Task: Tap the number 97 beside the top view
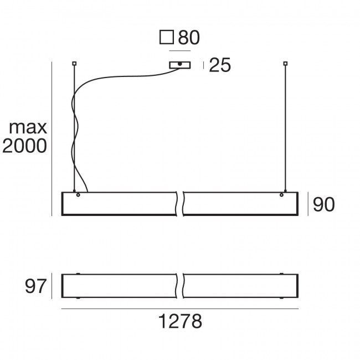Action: (34, 286)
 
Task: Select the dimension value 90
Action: (324, 204)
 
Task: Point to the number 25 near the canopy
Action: (220, 66)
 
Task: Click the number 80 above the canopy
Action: (188, 38)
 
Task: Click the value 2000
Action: (25, 146)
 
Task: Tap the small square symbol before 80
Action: (166, 38)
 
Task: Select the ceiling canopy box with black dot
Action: (180, 65)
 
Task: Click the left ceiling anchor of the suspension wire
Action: (74, 63)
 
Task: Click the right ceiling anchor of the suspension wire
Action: (286, 63)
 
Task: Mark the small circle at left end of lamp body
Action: (78, 195)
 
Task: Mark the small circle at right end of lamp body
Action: (282, 195)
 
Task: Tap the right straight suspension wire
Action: (286, 127)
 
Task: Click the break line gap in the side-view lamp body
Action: (179, 203)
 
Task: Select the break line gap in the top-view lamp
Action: (179, 286)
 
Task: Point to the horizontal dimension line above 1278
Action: (179, 309)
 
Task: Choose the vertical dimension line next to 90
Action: (308, 204)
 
